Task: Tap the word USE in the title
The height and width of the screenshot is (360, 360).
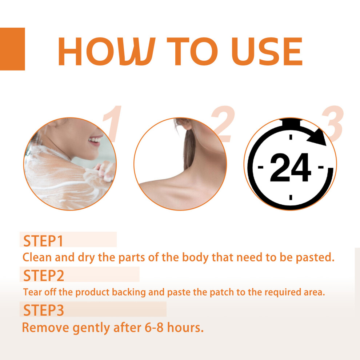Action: pyautogui.click(x=267, y=51)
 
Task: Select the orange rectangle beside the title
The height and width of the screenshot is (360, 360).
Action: pyautogui.click(x=12, y=49)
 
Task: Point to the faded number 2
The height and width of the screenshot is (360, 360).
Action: pyautogui.click(x=223, y=124)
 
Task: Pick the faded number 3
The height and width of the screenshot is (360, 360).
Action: pyautogui.click(x=333, y=124)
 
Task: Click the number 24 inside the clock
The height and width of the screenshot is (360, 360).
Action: pyautogui.click(x=291, y=167)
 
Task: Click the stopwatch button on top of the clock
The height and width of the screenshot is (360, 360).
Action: pyautogui.click(x=291, y=123)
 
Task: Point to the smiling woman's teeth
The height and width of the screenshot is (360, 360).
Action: pyautogui.click(x=95, y=140)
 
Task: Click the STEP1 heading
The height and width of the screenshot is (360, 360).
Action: pyautogui.click(x=43, y=241)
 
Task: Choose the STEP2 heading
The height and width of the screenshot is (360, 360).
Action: pyautogui.click(x=44, y=276)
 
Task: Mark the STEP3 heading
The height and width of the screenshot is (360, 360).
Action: pyautogui.click(x=44, y=310)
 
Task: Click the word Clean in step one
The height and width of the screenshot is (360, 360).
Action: pyautogui.click(x=37, y=257)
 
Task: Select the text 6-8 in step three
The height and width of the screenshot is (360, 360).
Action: pyautogui.click(x=154, y=327)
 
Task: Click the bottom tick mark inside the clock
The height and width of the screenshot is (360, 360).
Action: pyautogui.click(x=291, y=197)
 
